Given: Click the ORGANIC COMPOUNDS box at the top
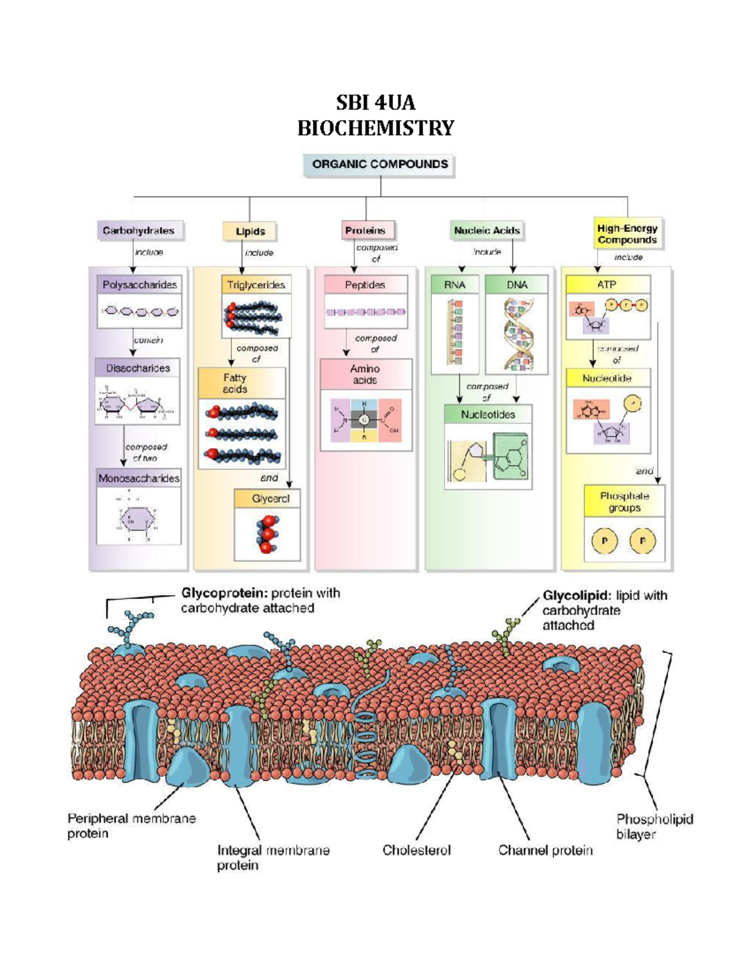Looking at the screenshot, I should click(380, 165).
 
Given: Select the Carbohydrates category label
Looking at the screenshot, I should click(139, 231).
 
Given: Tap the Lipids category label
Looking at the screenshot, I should click(250, 231).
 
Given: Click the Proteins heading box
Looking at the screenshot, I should click(365, 231).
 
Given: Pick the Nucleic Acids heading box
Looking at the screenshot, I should click(487, 231).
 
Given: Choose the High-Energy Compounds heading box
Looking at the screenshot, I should click(627, 234).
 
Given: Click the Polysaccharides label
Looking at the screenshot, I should click(140, 285).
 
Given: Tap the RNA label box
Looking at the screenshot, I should click(455, 285).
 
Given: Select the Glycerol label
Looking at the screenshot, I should click(271, 499).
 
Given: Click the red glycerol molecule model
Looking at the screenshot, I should click(268, 534).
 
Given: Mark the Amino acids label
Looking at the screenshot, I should click(365, 375).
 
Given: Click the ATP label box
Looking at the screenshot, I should click(607, 285).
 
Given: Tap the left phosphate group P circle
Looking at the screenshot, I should click(605, 541).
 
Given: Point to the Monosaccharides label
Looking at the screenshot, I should click(139, 479).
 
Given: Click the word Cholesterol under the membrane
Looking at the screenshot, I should click(417, 850).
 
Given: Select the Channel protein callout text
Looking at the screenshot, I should click(545, 850).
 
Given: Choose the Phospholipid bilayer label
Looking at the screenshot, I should click(654, 826).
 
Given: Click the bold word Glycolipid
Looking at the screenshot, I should click(576, 596).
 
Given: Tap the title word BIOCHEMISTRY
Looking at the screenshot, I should click(375, 128).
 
